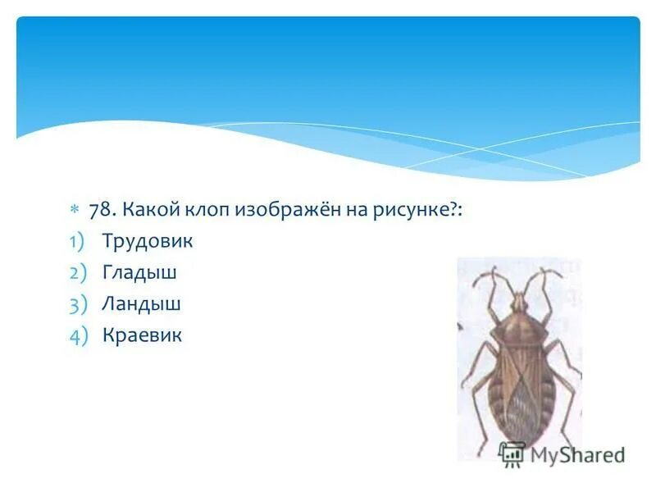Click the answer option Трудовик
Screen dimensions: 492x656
(x=148, y=241)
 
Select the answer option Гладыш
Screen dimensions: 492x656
(x=139, y=272)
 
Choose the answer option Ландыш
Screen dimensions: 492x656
(x=142, y=303)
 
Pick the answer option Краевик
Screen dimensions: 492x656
(x=143, y=335)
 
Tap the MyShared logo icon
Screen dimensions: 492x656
(x=512, y=453)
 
